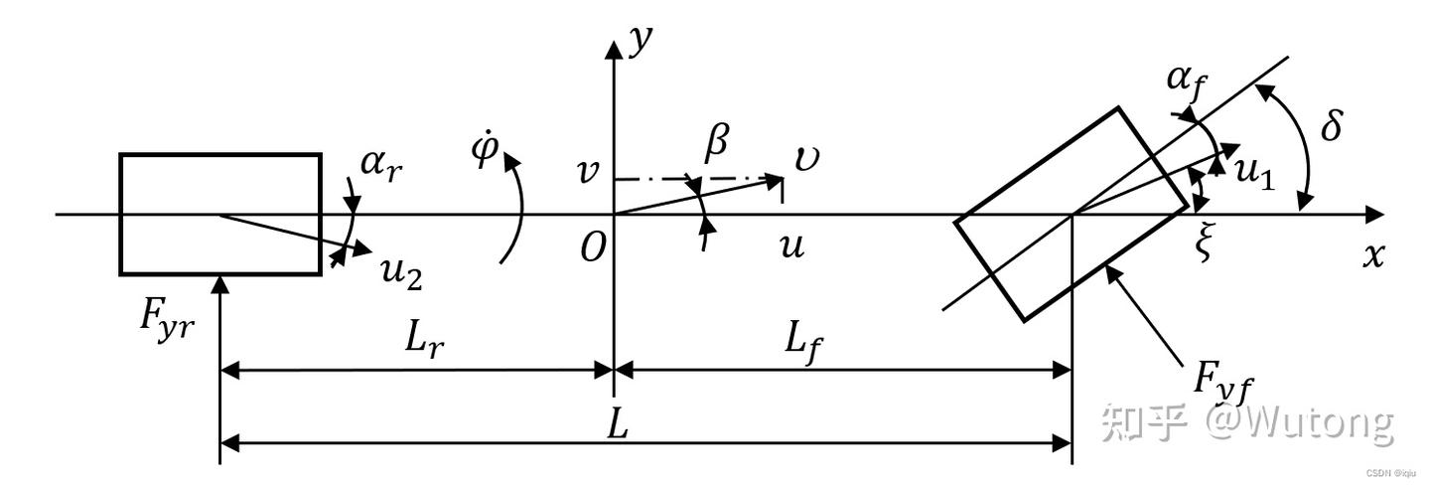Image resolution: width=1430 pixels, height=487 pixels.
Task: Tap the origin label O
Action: pyautogui.click(x=593, y=248)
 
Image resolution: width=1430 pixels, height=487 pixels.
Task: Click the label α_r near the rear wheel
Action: pyautogui.click(x=380, y=164)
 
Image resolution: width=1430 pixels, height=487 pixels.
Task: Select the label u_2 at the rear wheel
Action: pyautogui.click(x=401, y=270)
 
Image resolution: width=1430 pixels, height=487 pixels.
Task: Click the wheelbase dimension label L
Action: pyautogui.click(x=618, y=425)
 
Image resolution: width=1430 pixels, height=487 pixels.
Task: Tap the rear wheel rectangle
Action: pyautogui.click(x=219, y=214)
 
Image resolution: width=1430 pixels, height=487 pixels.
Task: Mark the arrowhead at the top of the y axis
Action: pyautogui.click(x=615, y=45)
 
